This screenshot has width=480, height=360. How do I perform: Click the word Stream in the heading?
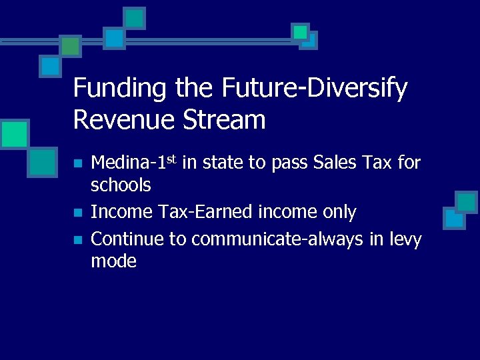tap(231, 119)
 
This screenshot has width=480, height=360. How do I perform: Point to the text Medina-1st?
tap(133, 162)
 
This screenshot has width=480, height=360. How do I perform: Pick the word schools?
tap(121, 184)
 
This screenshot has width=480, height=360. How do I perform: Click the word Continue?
tap(128, 239)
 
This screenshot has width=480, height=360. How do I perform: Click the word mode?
tap(113, 261)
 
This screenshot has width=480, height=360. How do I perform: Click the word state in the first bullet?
tap(224, 162)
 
